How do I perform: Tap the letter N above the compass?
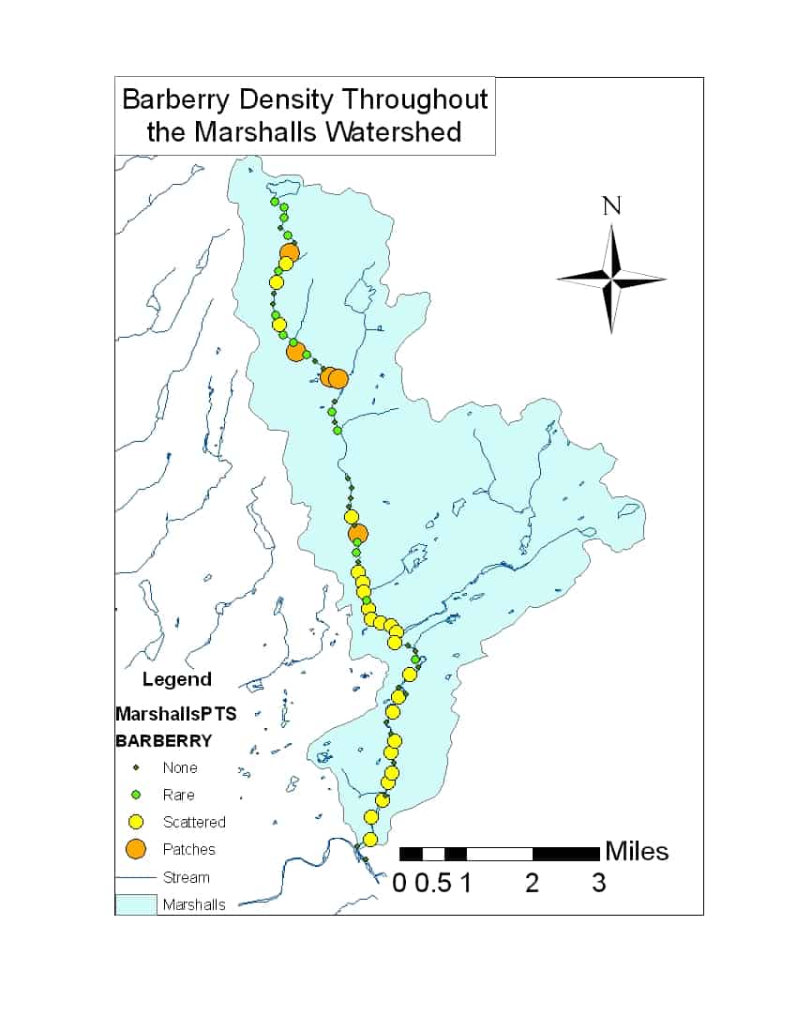(x=611, y=205)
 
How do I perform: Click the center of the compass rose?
(x=611, y=279)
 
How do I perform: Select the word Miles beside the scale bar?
(x=637, y=851)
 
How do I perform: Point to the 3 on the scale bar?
(x=598, y=883)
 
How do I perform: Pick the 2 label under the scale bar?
(x=532, y=883)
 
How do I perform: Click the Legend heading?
(x=176, y=679)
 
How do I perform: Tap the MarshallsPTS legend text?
(x=175, y=714)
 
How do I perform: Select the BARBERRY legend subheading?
(x=163, y=740)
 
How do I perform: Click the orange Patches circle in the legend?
(x=136, y=849)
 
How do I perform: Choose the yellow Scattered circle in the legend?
(x=136, y=822)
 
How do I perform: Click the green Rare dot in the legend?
(x=136, y=795)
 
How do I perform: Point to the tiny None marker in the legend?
(x=136, y=767)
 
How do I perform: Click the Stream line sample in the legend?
(x=135, y=877)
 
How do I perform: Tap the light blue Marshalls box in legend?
(x=135, y=904)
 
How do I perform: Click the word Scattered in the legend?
(x=194, y=822)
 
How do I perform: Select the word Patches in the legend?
(x=188, y=849)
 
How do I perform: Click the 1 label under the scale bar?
(x=464, y=883)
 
